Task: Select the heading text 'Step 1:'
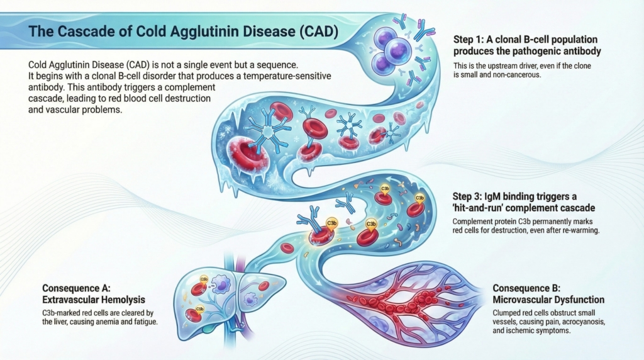click(468, 40)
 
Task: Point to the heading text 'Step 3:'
click(467, 196)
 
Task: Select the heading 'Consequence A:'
click(76, 288)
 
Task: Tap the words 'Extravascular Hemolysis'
click(94, 300)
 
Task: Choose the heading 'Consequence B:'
click(526, 288)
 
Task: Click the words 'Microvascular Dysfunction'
click(548, 300)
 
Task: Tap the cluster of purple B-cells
click(391, 50)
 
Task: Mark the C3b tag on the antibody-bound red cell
click(331, 223)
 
